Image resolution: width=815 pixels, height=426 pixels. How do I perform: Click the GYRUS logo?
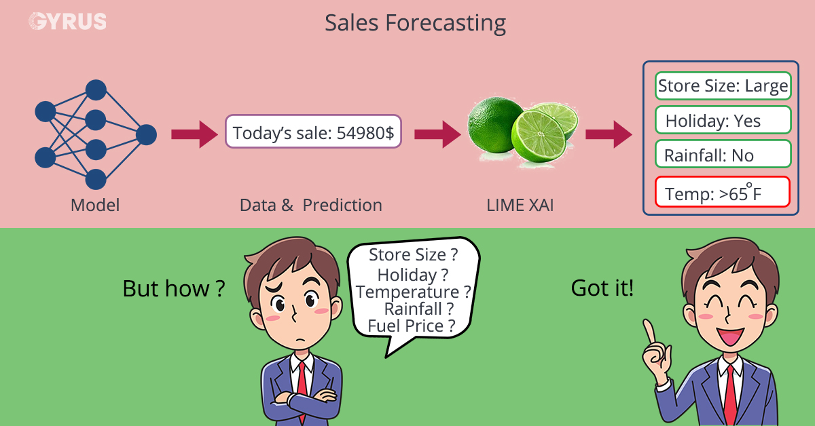(x=67, y=21)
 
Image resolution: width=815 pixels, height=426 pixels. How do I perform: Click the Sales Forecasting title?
(x=415, y=23)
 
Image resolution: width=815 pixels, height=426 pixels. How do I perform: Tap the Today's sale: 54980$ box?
(x=313, y=132)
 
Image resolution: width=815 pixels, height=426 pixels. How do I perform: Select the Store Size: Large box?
(x=723, y=86)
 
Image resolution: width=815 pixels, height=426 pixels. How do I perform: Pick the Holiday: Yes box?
(x=723, y=121)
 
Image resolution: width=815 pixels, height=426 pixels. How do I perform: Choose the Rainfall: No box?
(x=723, y=155)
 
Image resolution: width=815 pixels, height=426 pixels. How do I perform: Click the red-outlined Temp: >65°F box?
(x=723, y=192)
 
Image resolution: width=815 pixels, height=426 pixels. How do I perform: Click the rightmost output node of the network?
(x=146, y=135)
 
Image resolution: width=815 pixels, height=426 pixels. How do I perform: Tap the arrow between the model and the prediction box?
(x=194, y=134)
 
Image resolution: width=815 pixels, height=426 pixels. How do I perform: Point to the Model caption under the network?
(x=95, y=204)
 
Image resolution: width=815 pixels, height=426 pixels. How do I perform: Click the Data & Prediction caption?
(x=311, y=204)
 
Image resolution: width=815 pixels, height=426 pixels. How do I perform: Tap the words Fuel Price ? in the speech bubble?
(x=411, y=326)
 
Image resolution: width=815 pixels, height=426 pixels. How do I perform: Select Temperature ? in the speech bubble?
(x=414, y=292)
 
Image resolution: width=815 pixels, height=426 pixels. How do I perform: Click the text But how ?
(x=173, y=289)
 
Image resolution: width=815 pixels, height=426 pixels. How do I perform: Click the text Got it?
(x=602, y=289)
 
